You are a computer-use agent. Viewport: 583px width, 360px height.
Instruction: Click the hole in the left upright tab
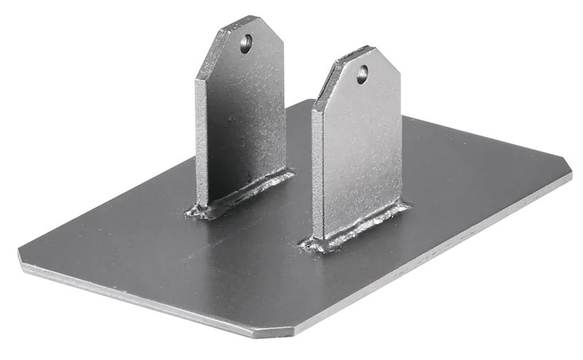click(246, 44)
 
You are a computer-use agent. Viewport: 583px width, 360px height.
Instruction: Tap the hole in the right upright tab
click(362, 74)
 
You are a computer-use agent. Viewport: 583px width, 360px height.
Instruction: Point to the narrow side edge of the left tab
click(202, 138)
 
